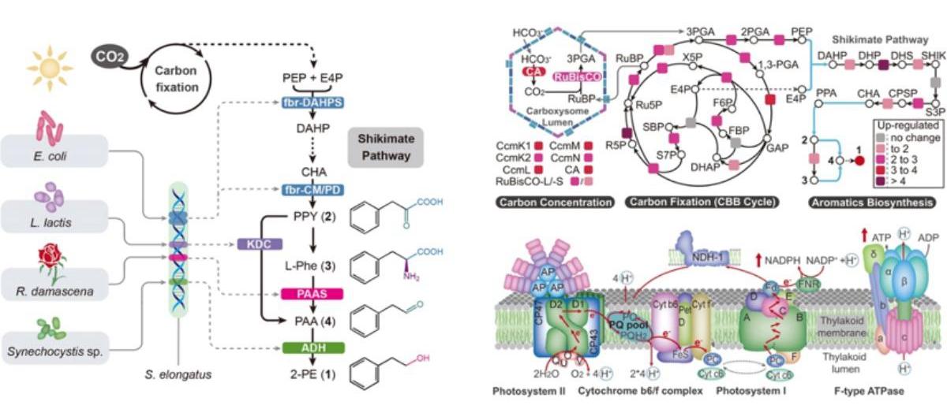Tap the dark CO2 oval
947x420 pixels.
pos(108,58)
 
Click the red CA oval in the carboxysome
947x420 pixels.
pos(533,71)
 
